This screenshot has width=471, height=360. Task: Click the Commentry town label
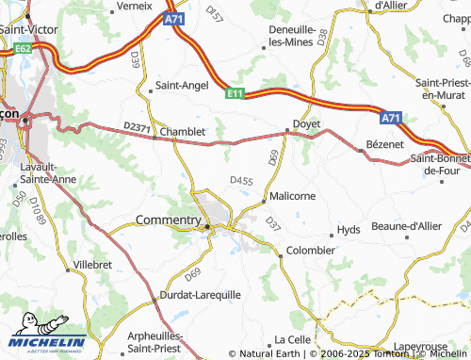coord(170,220)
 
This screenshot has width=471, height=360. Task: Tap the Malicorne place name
coord(291,195)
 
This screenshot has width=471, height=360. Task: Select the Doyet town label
coord(307,123)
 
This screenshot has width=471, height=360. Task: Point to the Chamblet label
coord(183,133)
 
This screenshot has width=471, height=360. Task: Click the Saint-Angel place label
coord(181,85)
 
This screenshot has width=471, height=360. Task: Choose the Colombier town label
coord(310,250)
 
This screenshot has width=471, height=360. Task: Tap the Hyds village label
coord(349,230)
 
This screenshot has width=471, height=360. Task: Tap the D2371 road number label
coord(137,127)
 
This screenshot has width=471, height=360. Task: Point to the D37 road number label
coord(273,225)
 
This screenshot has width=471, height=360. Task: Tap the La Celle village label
coord(292,339)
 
